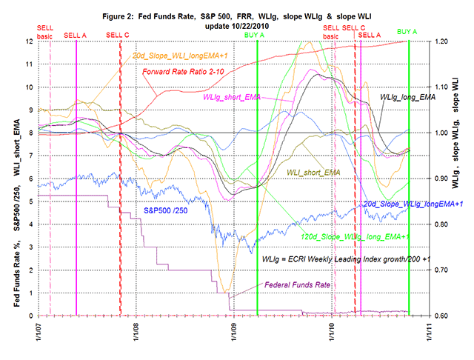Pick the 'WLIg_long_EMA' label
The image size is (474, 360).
click(x=408, y=96)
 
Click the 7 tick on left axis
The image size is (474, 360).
click(x=31, y=156)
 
